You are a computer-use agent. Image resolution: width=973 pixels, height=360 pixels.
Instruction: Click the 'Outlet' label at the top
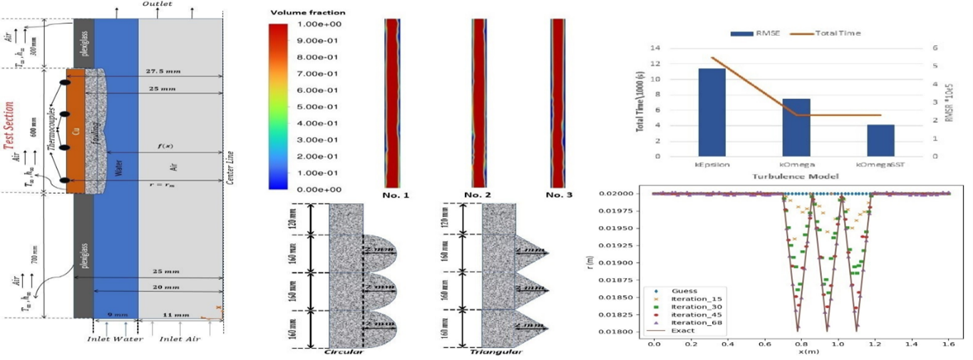click(x=156, y=4)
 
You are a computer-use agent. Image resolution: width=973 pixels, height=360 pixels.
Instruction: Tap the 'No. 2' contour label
click(x=479, y=195)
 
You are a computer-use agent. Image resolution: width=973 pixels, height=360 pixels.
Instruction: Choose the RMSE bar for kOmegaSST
click(x=880, y=140)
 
